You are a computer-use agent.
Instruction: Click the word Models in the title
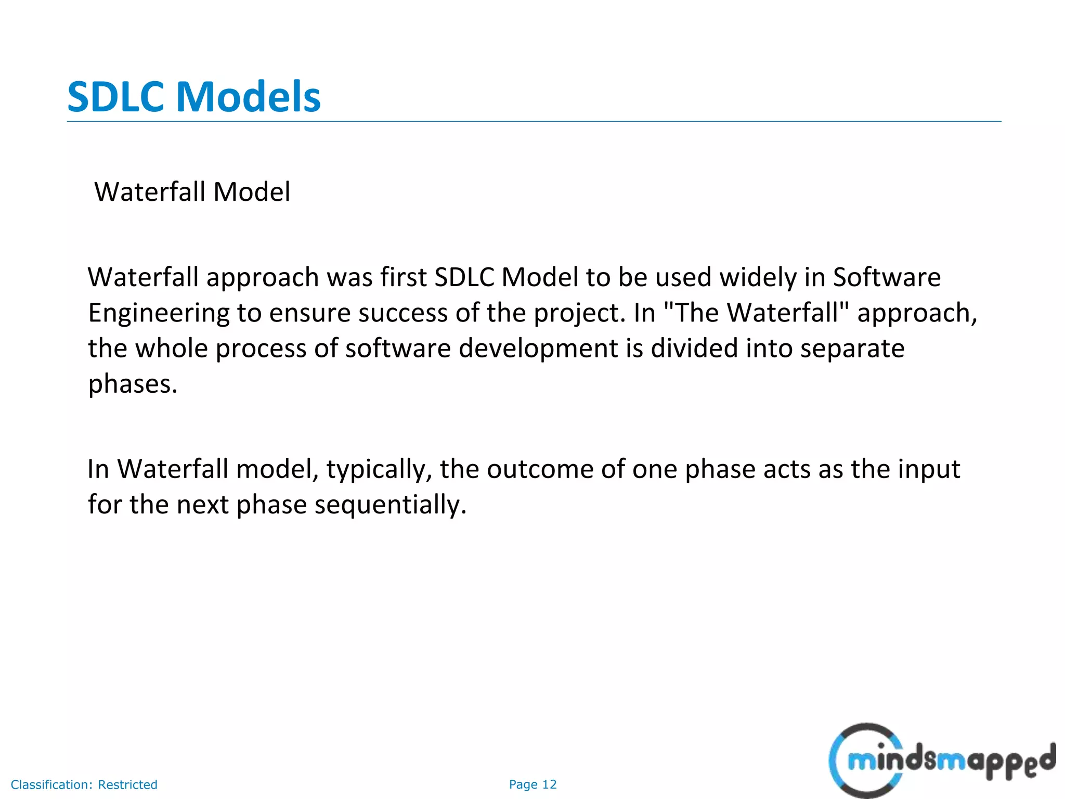tap(248, 97)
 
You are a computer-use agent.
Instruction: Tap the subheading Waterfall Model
tap(192, 192)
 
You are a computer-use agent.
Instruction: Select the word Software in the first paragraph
tap(887, 277)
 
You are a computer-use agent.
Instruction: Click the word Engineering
tap(159, 314)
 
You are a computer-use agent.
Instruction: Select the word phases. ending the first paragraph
tap(133, 384)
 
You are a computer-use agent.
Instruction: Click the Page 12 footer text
tap(532, 784)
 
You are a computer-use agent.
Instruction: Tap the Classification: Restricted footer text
tap(84, 784)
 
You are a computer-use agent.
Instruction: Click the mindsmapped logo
tap(941, 761)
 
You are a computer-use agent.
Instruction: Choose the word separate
tap(852, 349)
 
